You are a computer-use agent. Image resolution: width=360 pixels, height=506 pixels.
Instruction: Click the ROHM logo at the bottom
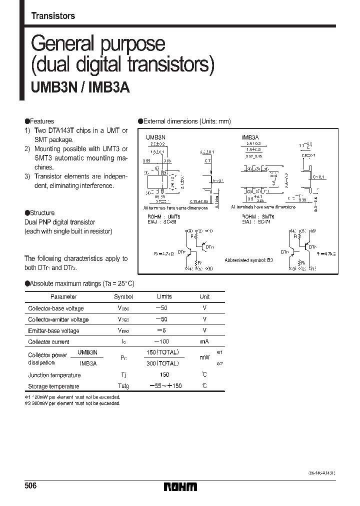[x=180, y=486]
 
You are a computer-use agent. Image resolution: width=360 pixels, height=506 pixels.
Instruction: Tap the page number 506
[x=30, y=486]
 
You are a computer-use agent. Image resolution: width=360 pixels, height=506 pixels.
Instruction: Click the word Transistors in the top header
[x=53, y=16]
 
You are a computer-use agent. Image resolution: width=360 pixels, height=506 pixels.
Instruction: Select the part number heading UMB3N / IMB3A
[x=77, y=88]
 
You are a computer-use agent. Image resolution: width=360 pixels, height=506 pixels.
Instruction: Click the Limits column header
[x=164, y=296]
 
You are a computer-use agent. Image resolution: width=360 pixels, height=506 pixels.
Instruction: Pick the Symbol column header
[x=123, y=296]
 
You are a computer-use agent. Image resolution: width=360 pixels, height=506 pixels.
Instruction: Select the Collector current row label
[x=49, y=342]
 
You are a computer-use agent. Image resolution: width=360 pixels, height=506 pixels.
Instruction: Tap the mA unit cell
[x=204, y=341]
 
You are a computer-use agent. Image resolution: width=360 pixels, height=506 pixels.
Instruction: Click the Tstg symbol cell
[x=123, y=386]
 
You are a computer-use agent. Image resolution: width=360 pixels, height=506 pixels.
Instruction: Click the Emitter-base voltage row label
[x=53, y=331]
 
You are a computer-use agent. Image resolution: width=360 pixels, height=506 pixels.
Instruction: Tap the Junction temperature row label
[x=54, y=375]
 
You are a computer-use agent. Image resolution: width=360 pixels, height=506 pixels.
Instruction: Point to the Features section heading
[x=41, y=121]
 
